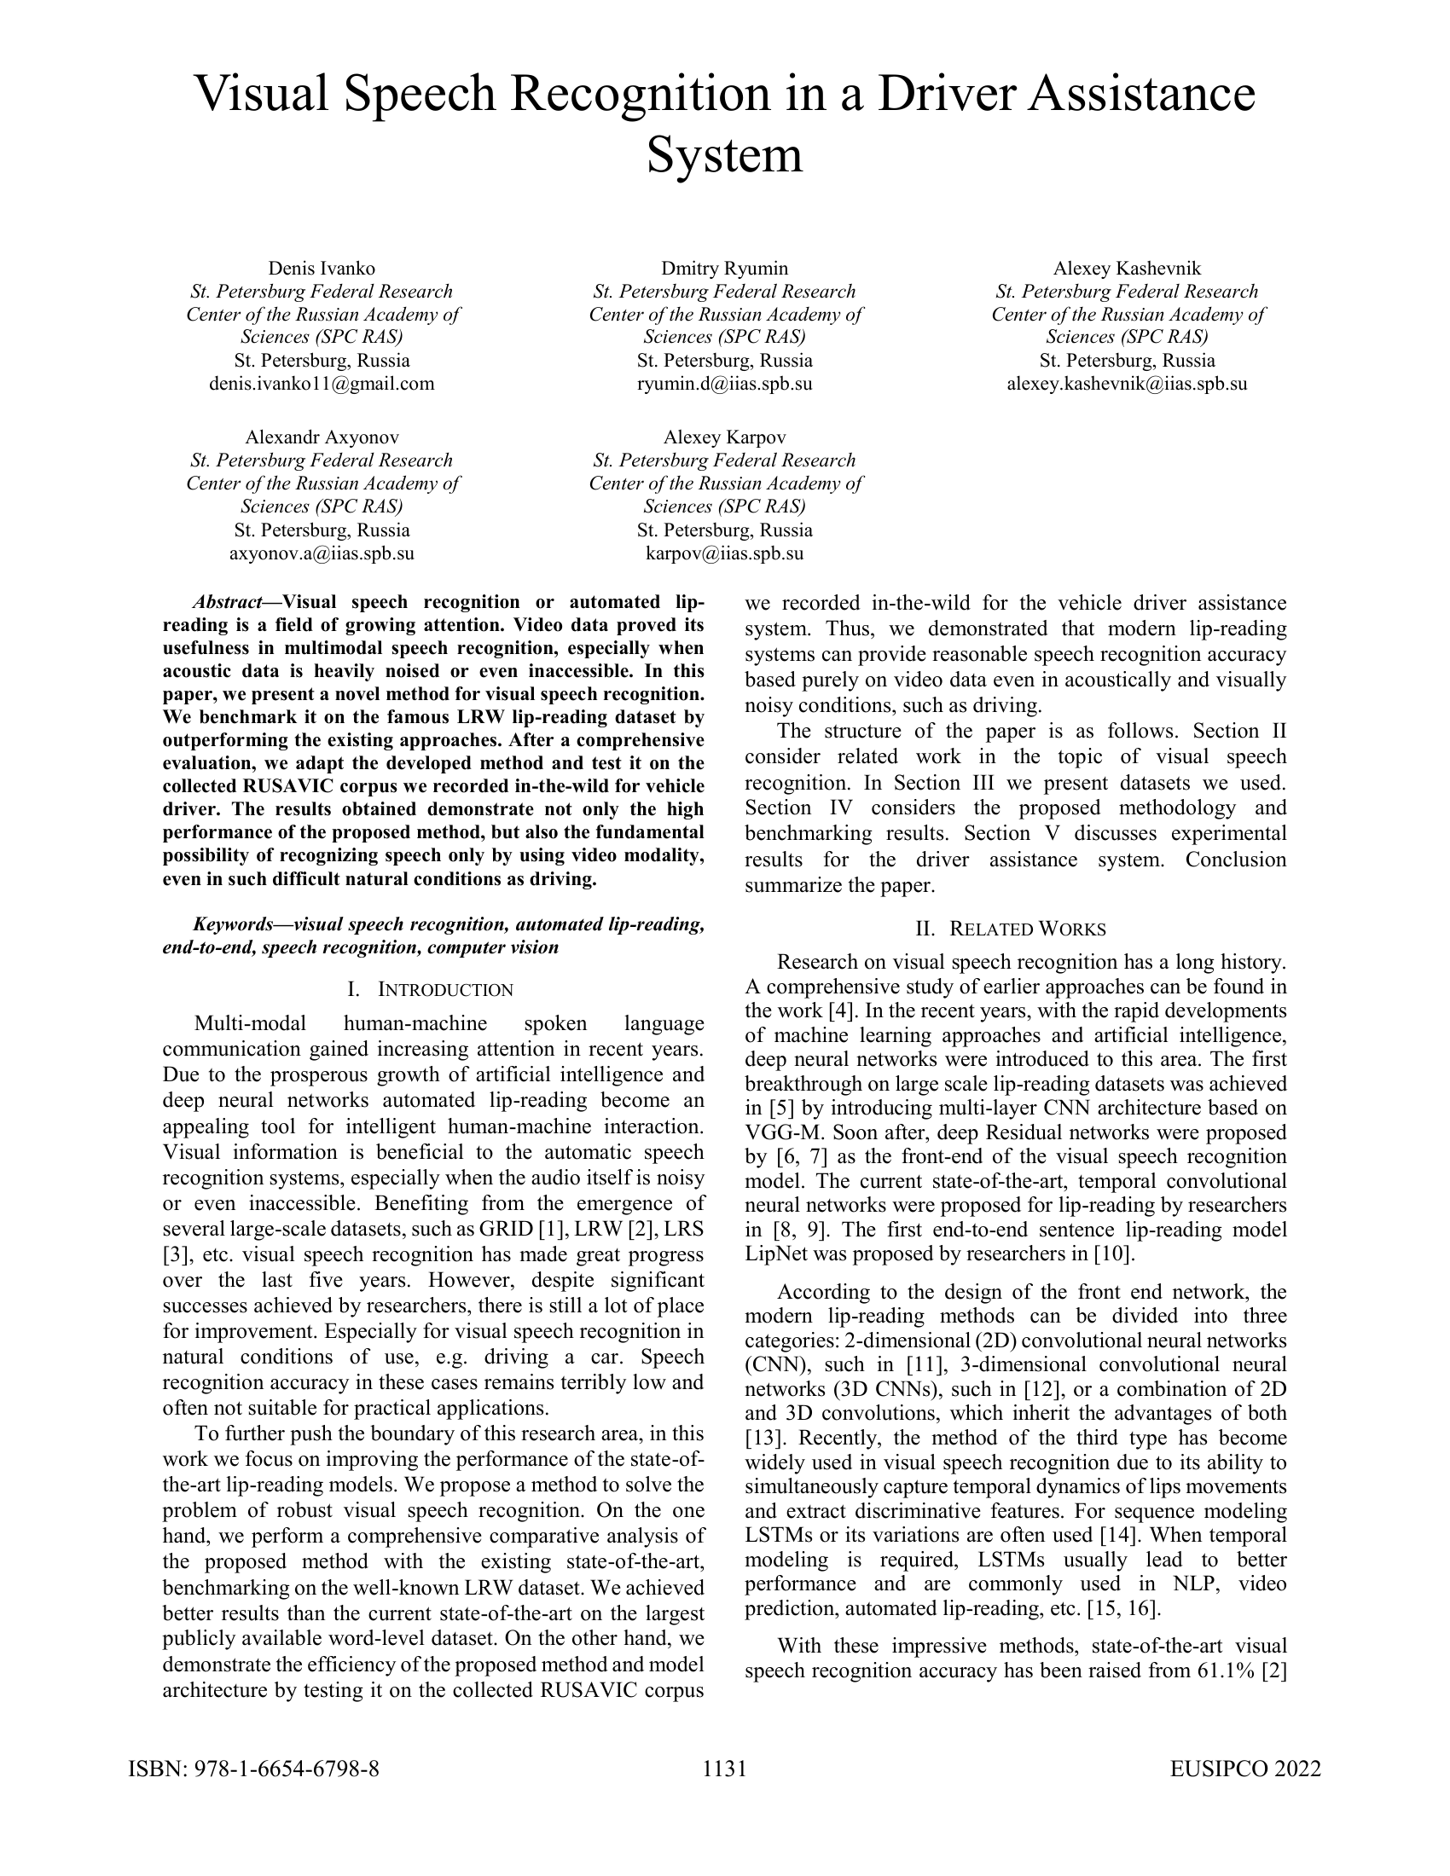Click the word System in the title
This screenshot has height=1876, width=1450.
click(x=724, y=155)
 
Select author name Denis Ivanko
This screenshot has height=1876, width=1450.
click(x=322, y=268)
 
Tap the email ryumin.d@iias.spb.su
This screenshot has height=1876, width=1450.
click(x=724, y=383)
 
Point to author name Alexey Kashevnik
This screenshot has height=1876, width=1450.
click(x=1127, y=268)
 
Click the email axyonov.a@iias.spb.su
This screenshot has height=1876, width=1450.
click(x=322, y=553)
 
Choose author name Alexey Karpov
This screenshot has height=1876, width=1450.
click(x=724, y=437)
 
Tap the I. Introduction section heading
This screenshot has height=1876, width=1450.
click(x=432, y=989)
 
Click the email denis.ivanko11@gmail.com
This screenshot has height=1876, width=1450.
click(x=322, y=383)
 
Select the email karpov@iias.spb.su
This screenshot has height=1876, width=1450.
click(x=724, y=553)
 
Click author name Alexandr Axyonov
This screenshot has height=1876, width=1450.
click(x=322, y=437)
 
